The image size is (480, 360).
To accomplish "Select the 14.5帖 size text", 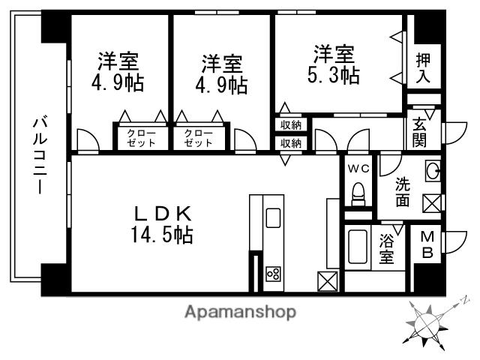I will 158,235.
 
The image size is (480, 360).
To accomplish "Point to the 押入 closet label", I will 423,67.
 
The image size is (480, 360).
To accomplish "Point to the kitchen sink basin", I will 273,218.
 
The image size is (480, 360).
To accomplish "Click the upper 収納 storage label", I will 291,125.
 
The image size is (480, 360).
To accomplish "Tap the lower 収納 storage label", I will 291,142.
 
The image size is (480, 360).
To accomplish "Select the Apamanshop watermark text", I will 240,311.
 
